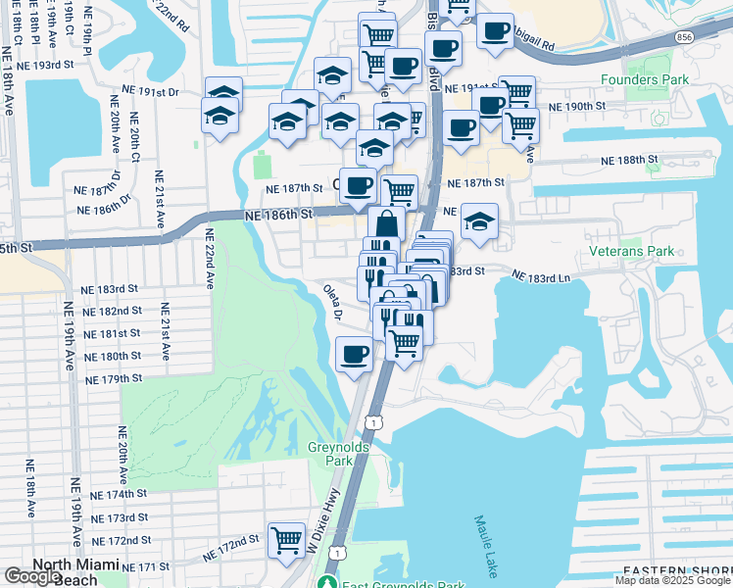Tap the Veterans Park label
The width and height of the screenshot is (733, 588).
click(632, 251)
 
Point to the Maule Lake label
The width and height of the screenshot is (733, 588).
click(485, 547)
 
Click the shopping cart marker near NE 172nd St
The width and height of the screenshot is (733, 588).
click(286, 539)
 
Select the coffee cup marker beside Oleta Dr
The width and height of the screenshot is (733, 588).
click(354, 354)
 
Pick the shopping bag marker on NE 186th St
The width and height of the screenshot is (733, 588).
click(387, 224)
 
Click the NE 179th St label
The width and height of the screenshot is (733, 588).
click(114, 378)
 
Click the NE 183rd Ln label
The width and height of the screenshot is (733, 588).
click(541, 278)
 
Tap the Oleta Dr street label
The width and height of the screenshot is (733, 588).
click(332, 301)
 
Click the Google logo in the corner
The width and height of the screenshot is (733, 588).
click(32, 576)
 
